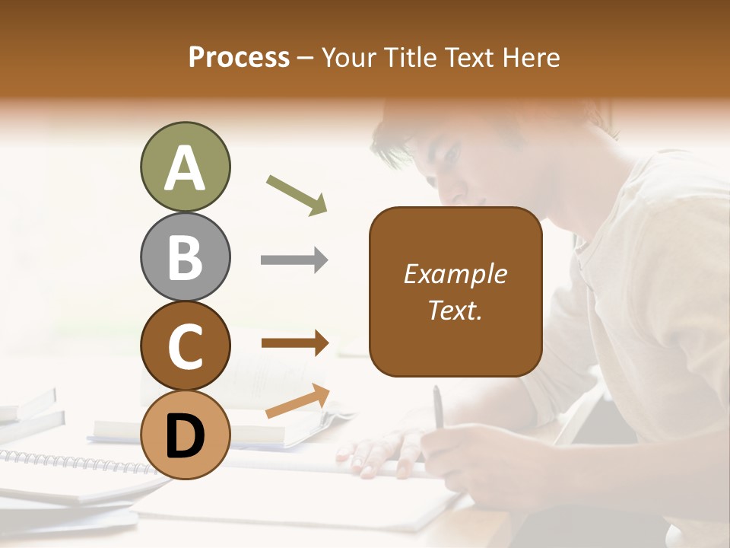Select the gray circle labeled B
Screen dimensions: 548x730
tap(185, 256)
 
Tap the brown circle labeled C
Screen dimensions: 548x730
tap(185, 346)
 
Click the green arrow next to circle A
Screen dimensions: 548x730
tap(297, 194)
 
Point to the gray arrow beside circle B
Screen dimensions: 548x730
tap(294, 260)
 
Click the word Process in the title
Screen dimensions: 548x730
tap(239, 57)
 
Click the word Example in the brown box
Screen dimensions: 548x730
tap(455, 274)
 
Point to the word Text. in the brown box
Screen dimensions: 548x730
tap(455, 310)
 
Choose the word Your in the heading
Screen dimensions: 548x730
tap(351, 57)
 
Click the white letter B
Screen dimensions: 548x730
tap(185, 256)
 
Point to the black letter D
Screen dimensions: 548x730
tap(185, 435)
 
